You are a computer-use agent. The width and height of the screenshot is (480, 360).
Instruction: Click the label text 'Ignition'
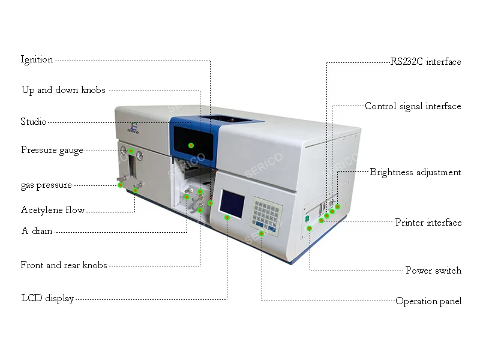click(37, 59)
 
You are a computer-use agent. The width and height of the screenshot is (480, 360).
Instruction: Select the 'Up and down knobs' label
click(63, 91)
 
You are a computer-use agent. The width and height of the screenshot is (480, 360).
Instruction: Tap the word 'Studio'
click(34, 122)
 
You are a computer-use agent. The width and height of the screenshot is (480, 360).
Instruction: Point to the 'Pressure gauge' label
click(52, 150)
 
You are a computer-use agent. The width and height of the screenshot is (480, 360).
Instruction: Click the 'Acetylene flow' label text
click(53, 210)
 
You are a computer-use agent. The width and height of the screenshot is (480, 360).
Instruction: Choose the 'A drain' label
click(37, 231)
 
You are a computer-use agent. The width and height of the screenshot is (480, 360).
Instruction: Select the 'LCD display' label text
click(47, 298)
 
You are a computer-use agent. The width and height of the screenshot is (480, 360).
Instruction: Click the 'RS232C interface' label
click(425, 62)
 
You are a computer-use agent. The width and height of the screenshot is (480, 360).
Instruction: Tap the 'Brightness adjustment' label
click(415, 172)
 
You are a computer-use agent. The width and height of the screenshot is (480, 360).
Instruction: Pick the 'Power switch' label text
click(433, 271)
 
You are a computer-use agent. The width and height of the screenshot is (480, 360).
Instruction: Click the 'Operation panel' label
click(428, 301)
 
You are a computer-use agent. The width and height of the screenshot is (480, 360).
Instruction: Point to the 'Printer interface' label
click(428, 223)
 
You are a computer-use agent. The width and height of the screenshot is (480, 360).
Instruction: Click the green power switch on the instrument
click(307, 220)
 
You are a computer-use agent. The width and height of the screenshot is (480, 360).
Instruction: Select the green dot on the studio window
click(191, 145)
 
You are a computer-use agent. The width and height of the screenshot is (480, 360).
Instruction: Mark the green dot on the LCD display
click(227, 217)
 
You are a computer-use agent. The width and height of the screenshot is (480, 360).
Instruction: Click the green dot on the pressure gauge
click(131, 151)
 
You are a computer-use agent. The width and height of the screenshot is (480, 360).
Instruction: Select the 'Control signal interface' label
click(413, 106)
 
